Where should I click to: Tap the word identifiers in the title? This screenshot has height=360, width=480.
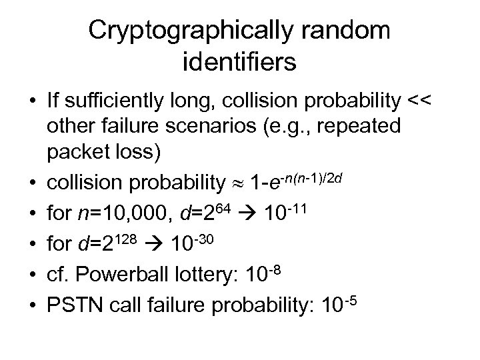click(239, 63)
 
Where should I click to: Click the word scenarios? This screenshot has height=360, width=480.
click(227, 127)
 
